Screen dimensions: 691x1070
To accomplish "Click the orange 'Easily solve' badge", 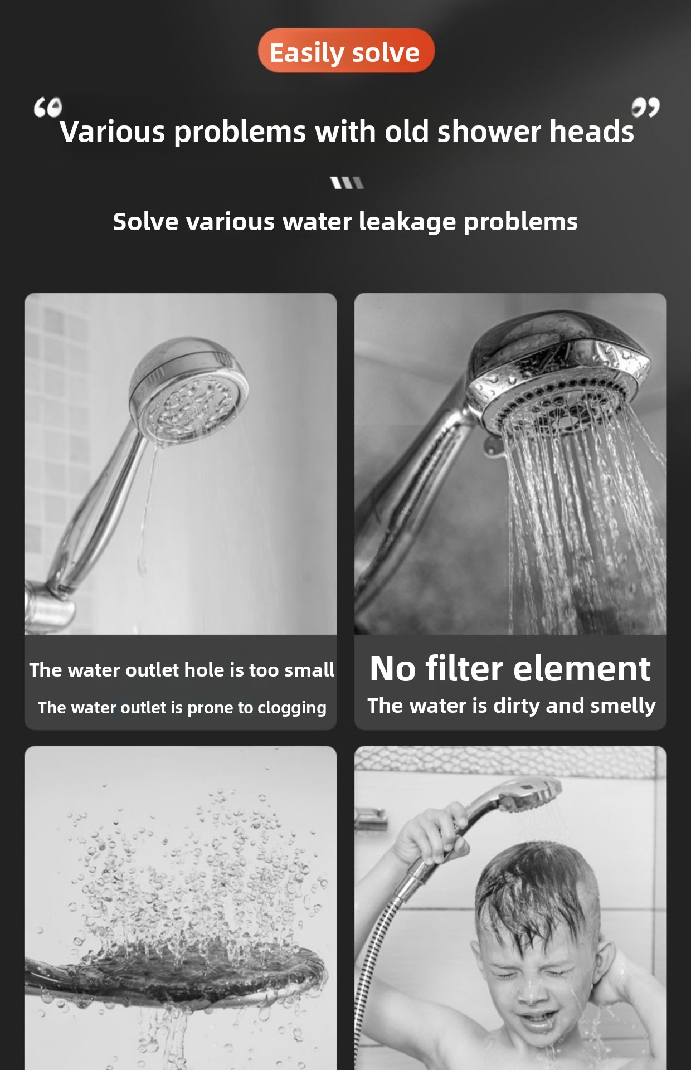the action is tap(346, 51).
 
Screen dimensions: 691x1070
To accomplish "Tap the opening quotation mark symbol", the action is tap(47, 108).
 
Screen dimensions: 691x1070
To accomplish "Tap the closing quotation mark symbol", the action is tap(645, 107).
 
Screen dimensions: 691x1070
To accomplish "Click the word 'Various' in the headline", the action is tap(113, 132).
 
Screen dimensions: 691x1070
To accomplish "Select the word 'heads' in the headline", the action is tap(592, 132).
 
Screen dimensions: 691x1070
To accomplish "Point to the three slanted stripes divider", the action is tap(347, 183).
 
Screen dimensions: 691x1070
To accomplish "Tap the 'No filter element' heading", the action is tap(510, 668).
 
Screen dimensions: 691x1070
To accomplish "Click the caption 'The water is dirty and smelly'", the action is tap(511, 706).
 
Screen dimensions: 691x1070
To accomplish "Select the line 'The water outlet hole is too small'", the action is tap(182, 669).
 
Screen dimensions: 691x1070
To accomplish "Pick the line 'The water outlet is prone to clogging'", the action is tap(182, 708).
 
